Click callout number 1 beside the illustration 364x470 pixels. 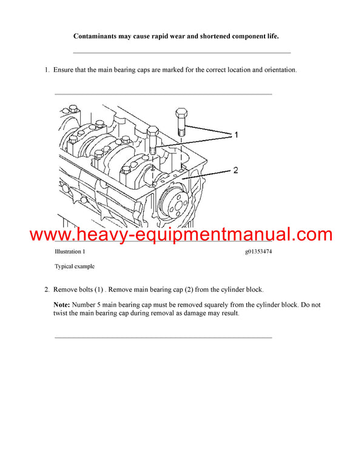click(x=236, y=134)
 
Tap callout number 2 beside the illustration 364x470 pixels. click(x=236, y=170)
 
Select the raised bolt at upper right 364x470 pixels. click(x=181, y=121)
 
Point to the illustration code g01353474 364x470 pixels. click(x=255, y=251)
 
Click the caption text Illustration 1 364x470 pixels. click(x=70, y=251)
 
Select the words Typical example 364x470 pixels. click(x=75, y=266)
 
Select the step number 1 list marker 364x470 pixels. click(x=46, y=70)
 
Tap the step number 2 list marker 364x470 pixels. click(x=46, y=290)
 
